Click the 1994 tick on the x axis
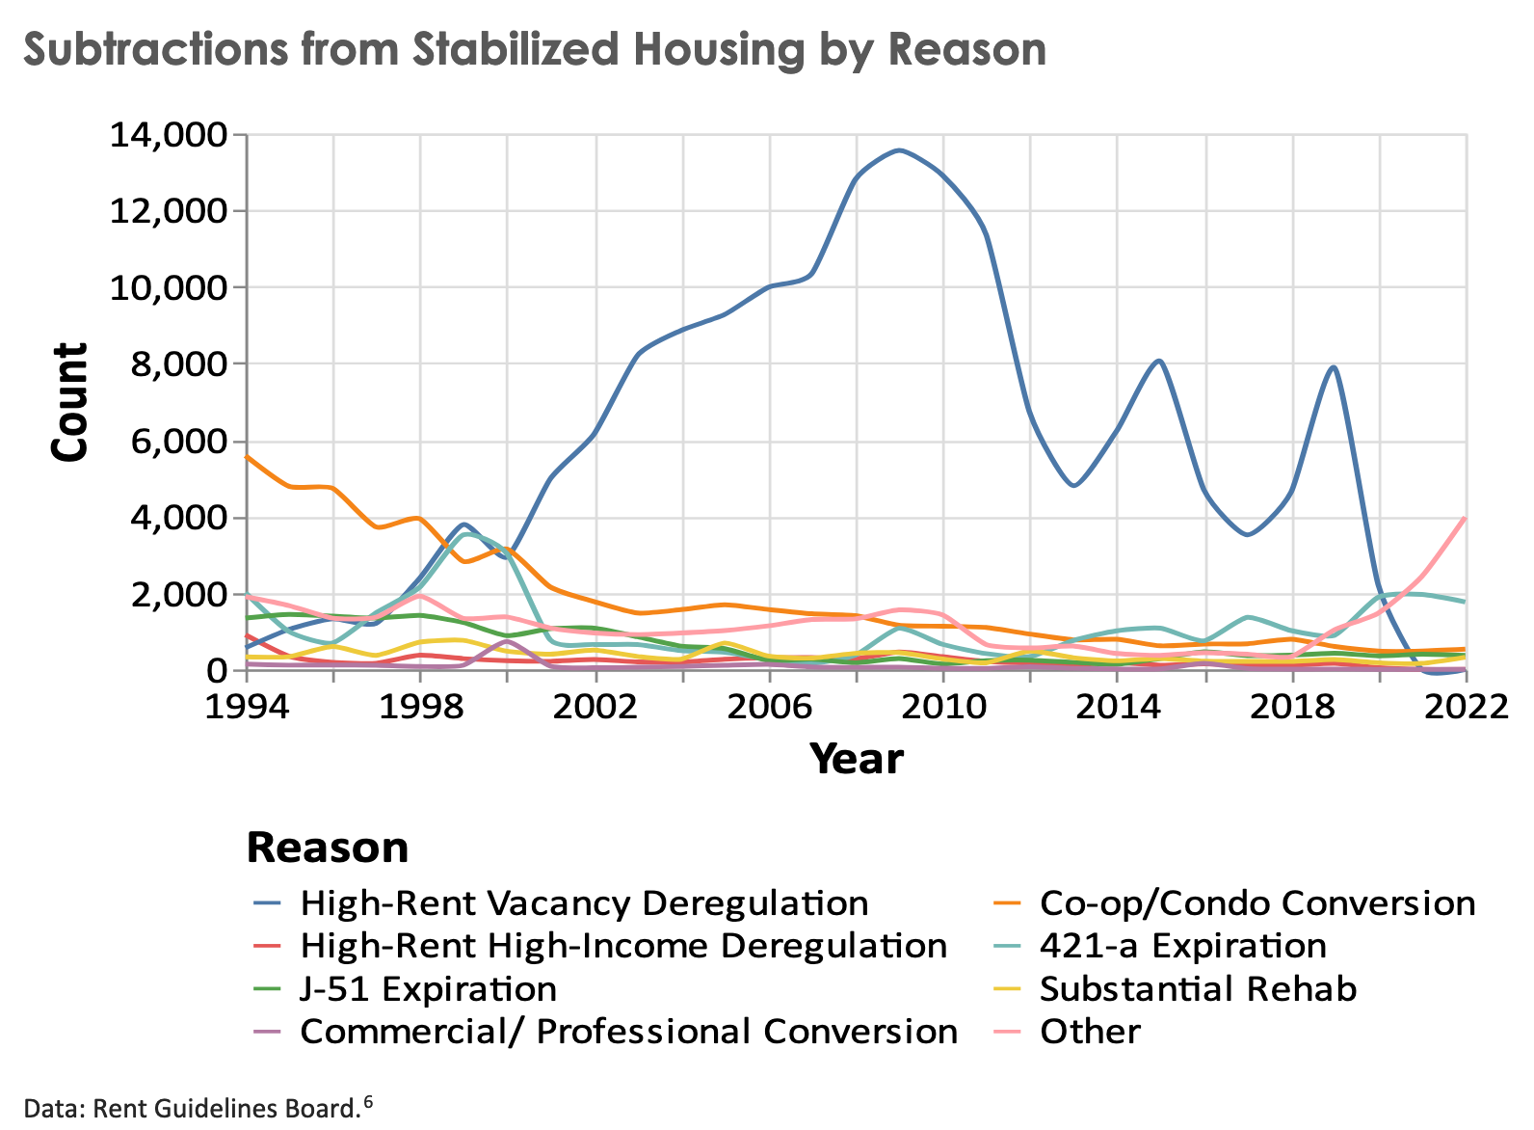tap(247, 706)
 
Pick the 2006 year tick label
tap(769, 706)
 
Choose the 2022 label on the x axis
tap(1466, 706)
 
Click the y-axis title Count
tap(69, 403)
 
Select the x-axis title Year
tap(856, 760)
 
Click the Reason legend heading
tap(328, 848)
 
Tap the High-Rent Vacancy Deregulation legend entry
tap(584, 903)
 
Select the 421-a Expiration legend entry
tap(1182, 946)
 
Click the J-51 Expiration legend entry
tap(428, 989)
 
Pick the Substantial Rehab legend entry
tap(1198, 989)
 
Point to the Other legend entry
tap(1090, 1032)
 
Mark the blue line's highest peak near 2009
tap(899, 150)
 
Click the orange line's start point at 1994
tap(248, 456)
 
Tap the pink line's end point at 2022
tap(1465, 519)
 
